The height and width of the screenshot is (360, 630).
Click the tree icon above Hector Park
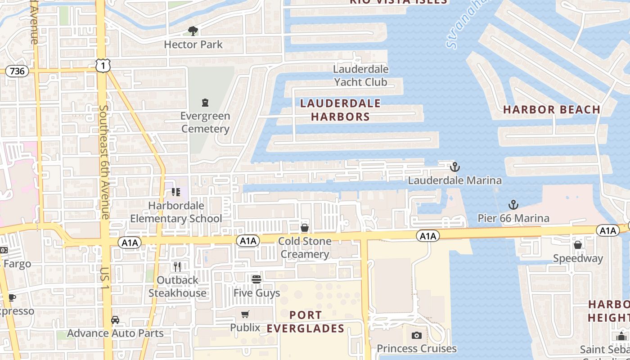point(193,31)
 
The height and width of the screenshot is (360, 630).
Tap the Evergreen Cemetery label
point(205,122)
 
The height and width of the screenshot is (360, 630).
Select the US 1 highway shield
point(103,66)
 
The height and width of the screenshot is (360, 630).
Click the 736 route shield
point(17,71)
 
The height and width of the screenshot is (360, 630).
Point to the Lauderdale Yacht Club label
point(360,76)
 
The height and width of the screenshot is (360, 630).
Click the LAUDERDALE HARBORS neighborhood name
point(340,110)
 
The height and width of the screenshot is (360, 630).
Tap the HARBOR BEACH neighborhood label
point(552,109)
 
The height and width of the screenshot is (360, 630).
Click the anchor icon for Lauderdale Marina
point(455,167)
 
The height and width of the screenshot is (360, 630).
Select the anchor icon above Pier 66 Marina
point(513,205)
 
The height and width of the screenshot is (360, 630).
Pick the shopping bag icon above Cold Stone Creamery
point(305,228)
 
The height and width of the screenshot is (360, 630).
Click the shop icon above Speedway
point(578,245)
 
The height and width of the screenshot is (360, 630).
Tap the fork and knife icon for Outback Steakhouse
point(177,267)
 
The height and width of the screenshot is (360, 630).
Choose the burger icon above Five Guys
point(256,279)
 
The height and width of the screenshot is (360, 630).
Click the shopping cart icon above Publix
point(245,314)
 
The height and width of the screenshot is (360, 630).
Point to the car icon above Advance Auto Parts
point(115,320)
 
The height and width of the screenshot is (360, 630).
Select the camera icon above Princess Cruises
point(417,335)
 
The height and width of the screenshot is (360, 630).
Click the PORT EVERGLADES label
point(306,322)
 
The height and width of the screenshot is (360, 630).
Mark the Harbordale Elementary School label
point(176,212)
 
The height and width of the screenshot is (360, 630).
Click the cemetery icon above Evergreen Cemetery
point(205,103)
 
